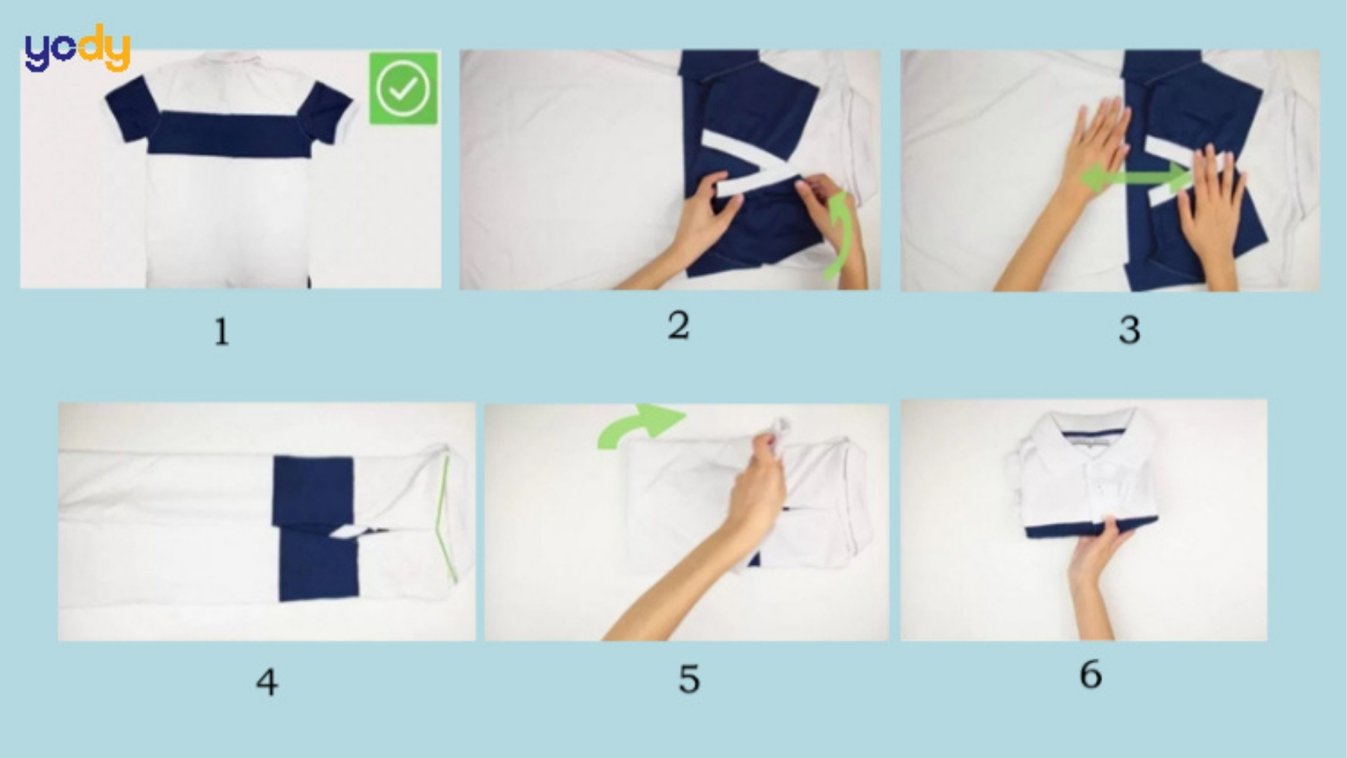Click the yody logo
click(77, 49)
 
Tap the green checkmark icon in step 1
click(403, 88)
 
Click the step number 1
click(222, 332)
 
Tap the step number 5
click(689, 679)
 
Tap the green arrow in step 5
click(642, 425)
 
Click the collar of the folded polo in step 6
click(1080, 432)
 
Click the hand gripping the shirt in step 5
click(761, 484)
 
